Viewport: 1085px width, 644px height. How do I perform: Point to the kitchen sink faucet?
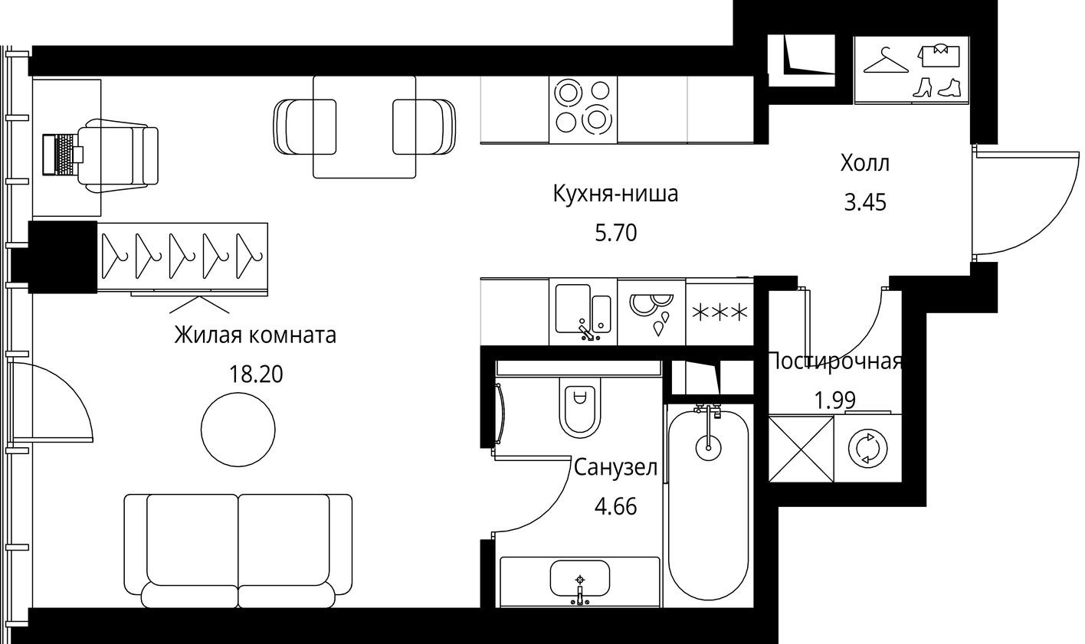point(587,331)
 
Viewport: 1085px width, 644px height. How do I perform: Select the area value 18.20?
point(255,374)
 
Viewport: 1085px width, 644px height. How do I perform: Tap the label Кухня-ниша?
point(615,194)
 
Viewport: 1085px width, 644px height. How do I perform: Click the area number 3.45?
point(864,203)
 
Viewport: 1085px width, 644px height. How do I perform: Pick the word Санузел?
point(615,467)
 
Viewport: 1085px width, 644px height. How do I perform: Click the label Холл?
point(864,163)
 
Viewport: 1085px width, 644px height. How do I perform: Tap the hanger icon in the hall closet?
point(884,61)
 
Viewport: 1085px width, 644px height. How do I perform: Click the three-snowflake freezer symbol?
point(719,312)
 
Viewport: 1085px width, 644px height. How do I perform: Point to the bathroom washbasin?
point(580,578)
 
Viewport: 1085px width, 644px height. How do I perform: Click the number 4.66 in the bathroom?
point(615,506)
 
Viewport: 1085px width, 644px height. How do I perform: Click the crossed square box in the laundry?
point(801,448)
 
